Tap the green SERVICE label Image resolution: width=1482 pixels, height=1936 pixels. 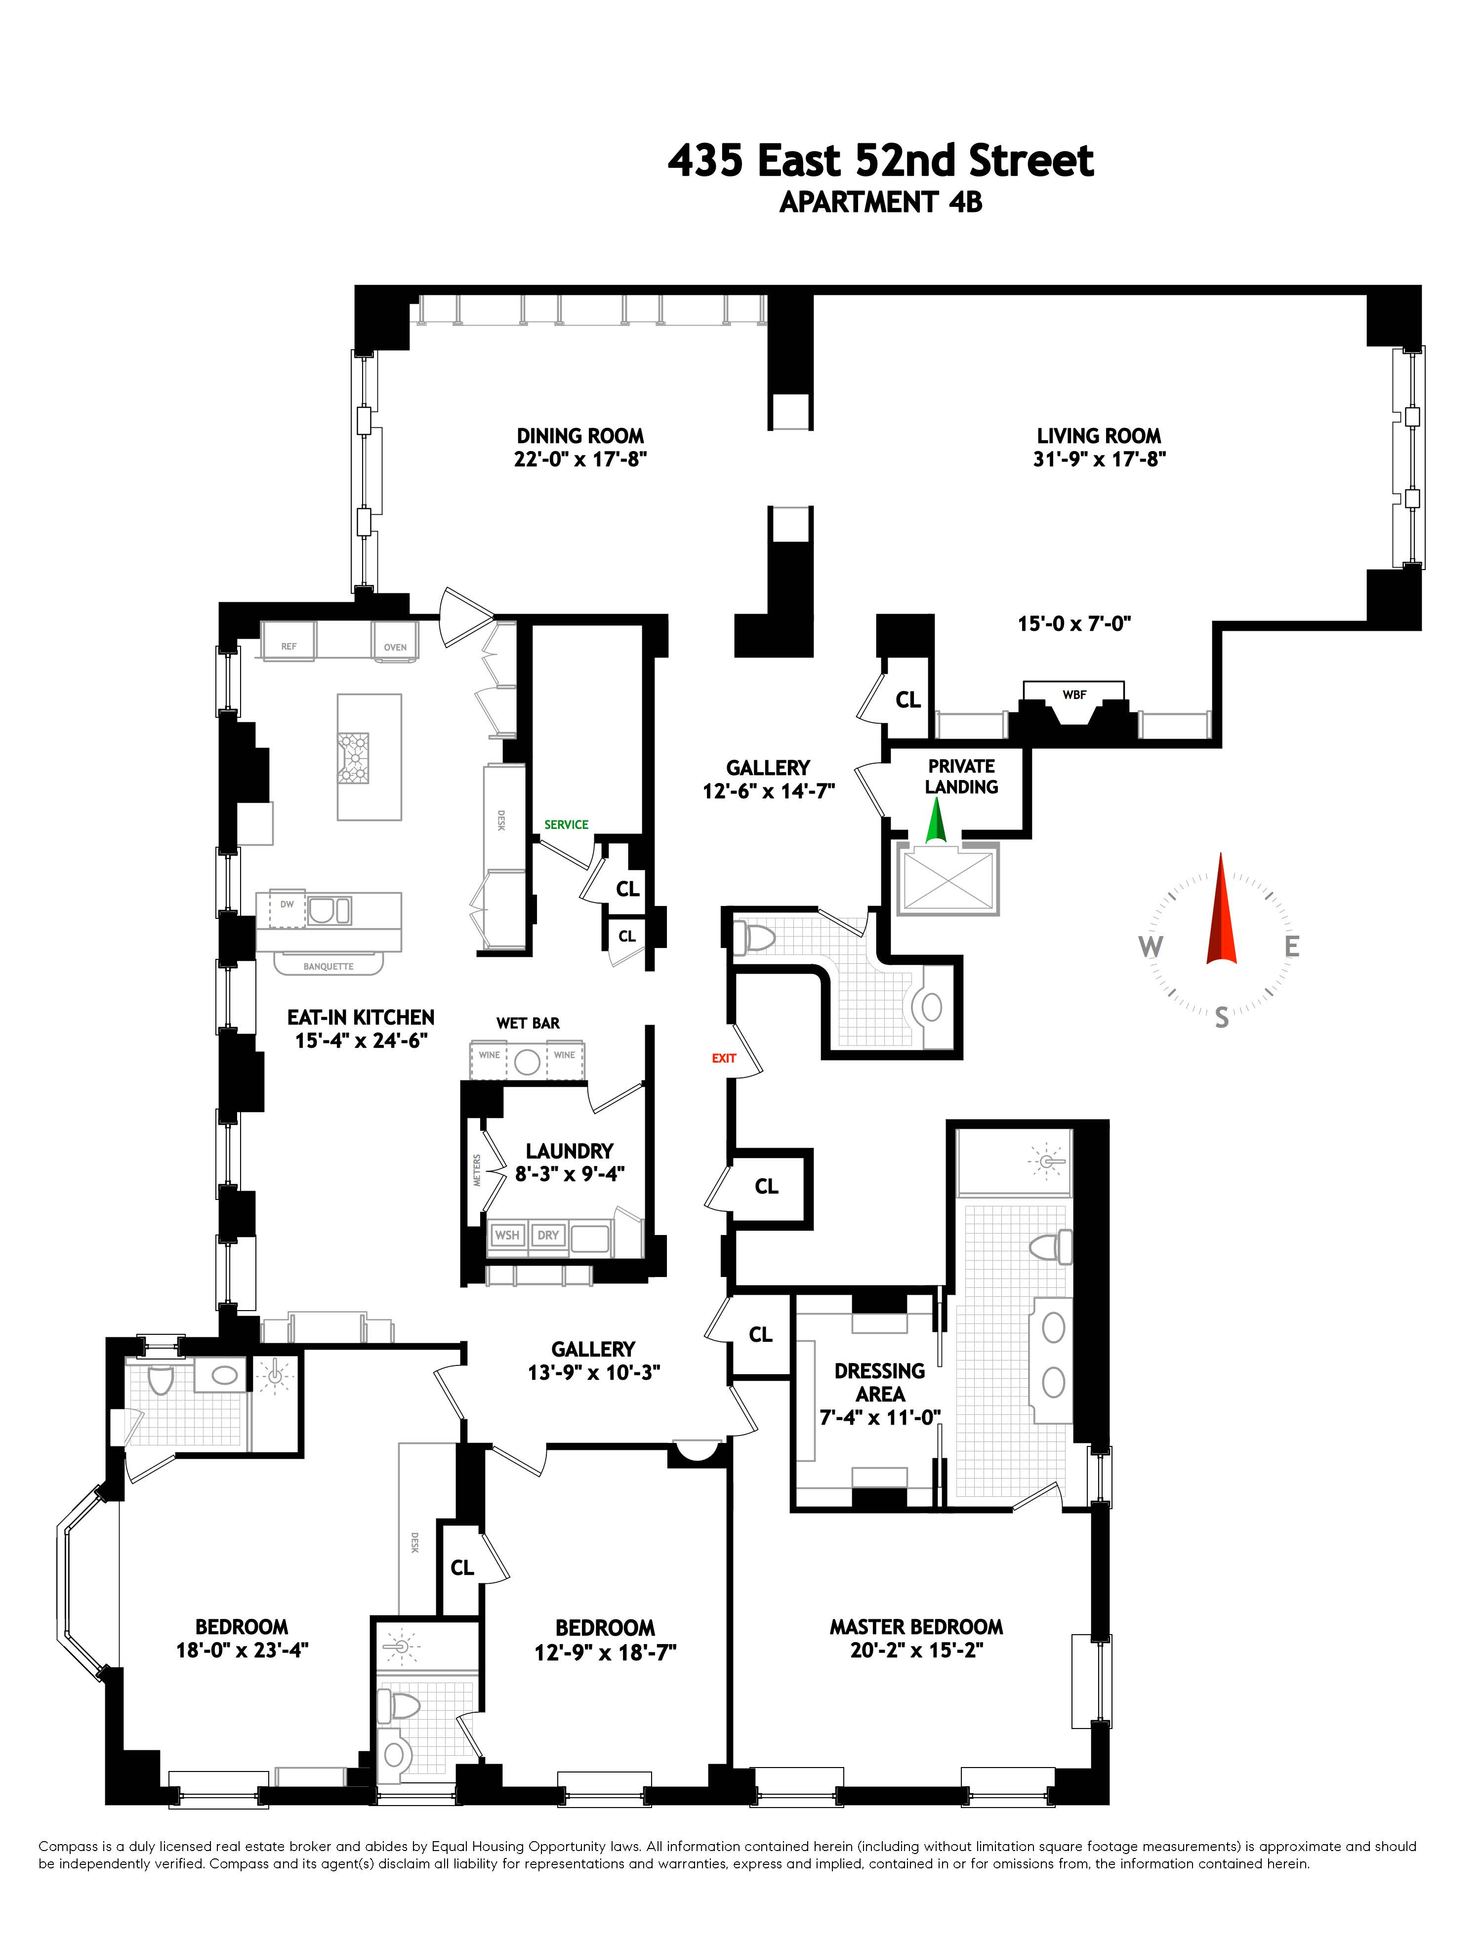pos(566,824)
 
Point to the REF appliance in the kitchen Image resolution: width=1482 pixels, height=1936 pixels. pos(288,647)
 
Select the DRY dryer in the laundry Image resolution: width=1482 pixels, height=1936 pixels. pos(548,1235)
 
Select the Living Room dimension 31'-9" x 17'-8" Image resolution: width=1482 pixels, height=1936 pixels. pos(1099,458)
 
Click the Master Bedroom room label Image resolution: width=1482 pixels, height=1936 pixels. pos(916,1626)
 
